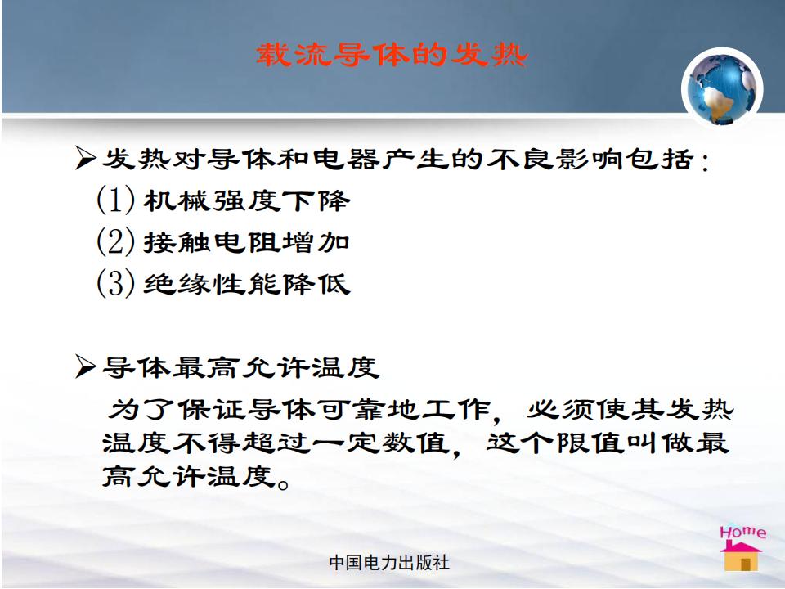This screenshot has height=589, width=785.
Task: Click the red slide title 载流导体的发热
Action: coord(392,55)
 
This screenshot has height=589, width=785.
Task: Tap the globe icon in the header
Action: coord(721,88)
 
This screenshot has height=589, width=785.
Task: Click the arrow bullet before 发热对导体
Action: coord(86,158)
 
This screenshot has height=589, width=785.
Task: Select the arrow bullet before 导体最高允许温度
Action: coord(86,366)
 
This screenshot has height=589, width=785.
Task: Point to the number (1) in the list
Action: coord(115,200)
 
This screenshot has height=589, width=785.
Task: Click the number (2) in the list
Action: coord(115,241)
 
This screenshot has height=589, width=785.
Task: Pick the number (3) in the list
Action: coord(115,282)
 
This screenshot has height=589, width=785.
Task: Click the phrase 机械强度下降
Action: coord(247,201)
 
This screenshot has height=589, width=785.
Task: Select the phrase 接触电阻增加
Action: coord(247,242)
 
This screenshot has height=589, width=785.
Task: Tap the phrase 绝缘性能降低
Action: coord(247,284)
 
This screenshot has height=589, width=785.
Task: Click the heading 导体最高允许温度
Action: coord(240,367)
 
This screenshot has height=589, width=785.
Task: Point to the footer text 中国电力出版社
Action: coord(389,563)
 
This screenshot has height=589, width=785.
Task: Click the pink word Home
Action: coord(743,532)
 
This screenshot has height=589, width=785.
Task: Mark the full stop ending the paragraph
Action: coord(284,484)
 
